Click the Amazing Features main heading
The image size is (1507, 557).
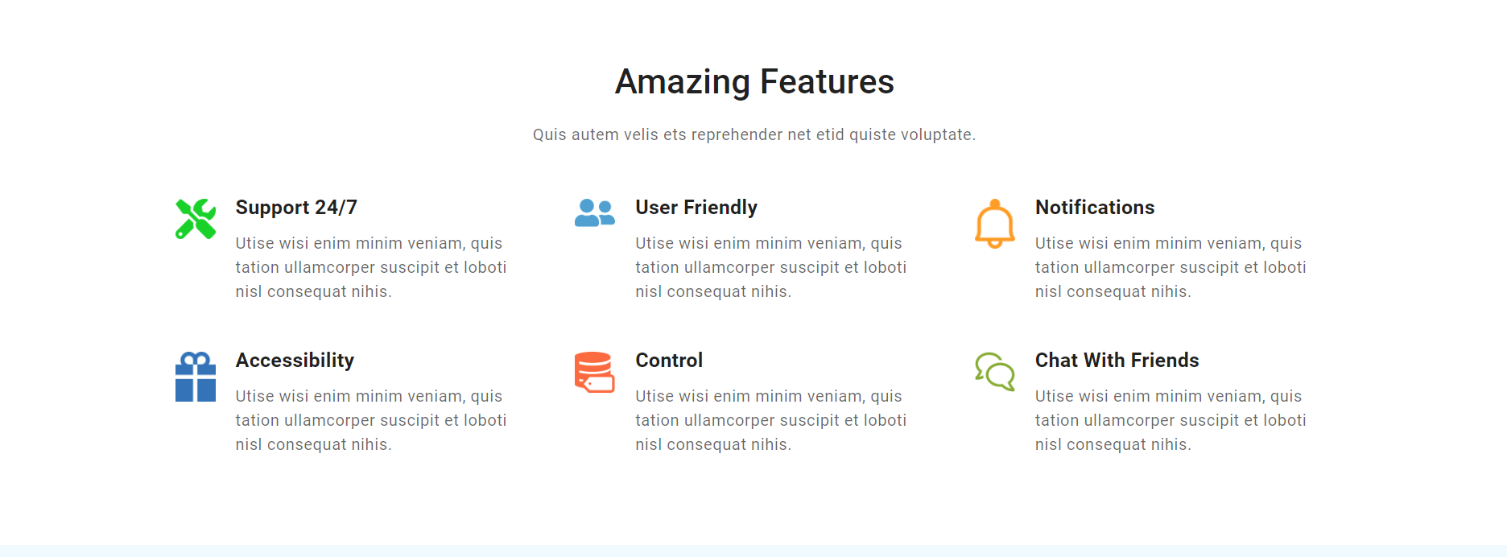[754, 81]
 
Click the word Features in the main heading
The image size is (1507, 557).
[827, 81]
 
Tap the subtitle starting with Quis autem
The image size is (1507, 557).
[754, 134]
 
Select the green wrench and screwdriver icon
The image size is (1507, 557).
[196, 219]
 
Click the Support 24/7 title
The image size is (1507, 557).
[296, 207]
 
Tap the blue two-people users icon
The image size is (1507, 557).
[595, 213]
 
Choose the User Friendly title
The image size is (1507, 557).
[696, 207]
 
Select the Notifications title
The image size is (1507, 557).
[1095, 207]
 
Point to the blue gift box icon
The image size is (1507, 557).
[196, 377]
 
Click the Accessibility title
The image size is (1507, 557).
[295, 360]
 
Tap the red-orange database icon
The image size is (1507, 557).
[595, 373]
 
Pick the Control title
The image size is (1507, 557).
[669, 360]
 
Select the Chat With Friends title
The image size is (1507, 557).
[1117, 360]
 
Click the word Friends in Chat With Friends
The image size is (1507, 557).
[1165, 360]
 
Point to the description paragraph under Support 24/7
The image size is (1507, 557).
[371, 267]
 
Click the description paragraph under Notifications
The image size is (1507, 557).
[1171, 267]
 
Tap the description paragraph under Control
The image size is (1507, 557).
[771, 420]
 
